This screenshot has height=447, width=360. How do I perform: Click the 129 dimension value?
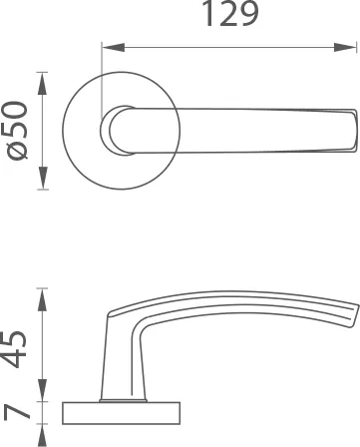click(x=230, y=14)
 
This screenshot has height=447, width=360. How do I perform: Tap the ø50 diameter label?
click(x=17, y=131)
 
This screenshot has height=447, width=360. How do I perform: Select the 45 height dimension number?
click(x=14, y=349)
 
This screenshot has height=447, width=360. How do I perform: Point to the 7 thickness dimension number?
click(x=17, y=412)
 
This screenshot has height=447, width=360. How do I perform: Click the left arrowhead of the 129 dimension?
click(x=113, y=48)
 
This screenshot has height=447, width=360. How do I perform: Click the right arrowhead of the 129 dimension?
click(x=345, y=48)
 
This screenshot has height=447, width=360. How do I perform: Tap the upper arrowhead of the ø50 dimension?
click(x=42, y=83)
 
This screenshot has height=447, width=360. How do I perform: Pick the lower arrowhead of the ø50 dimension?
click(x=42, y=178)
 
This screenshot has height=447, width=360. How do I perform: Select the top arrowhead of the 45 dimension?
click(x=42, y=299)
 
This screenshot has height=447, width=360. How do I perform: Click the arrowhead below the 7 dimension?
click(x=42, y=435)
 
